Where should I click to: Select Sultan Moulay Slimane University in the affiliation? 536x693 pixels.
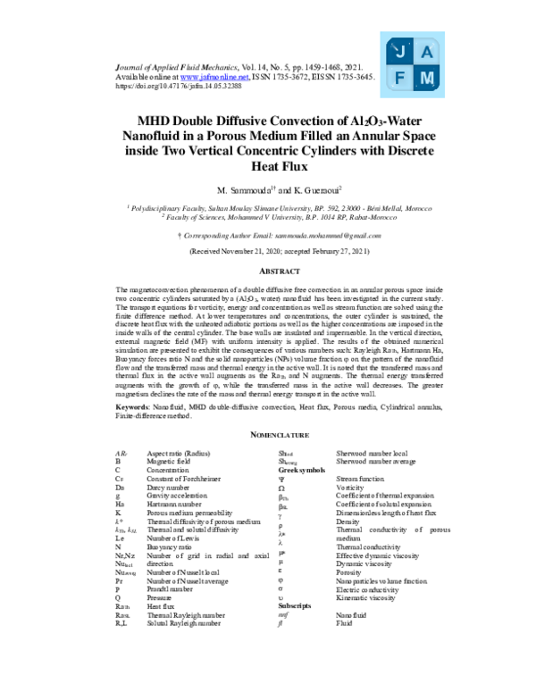pyautogui.click(x=260, y=206)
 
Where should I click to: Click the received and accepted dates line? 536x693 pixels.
pyautogui.click(x=267, y=253)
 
